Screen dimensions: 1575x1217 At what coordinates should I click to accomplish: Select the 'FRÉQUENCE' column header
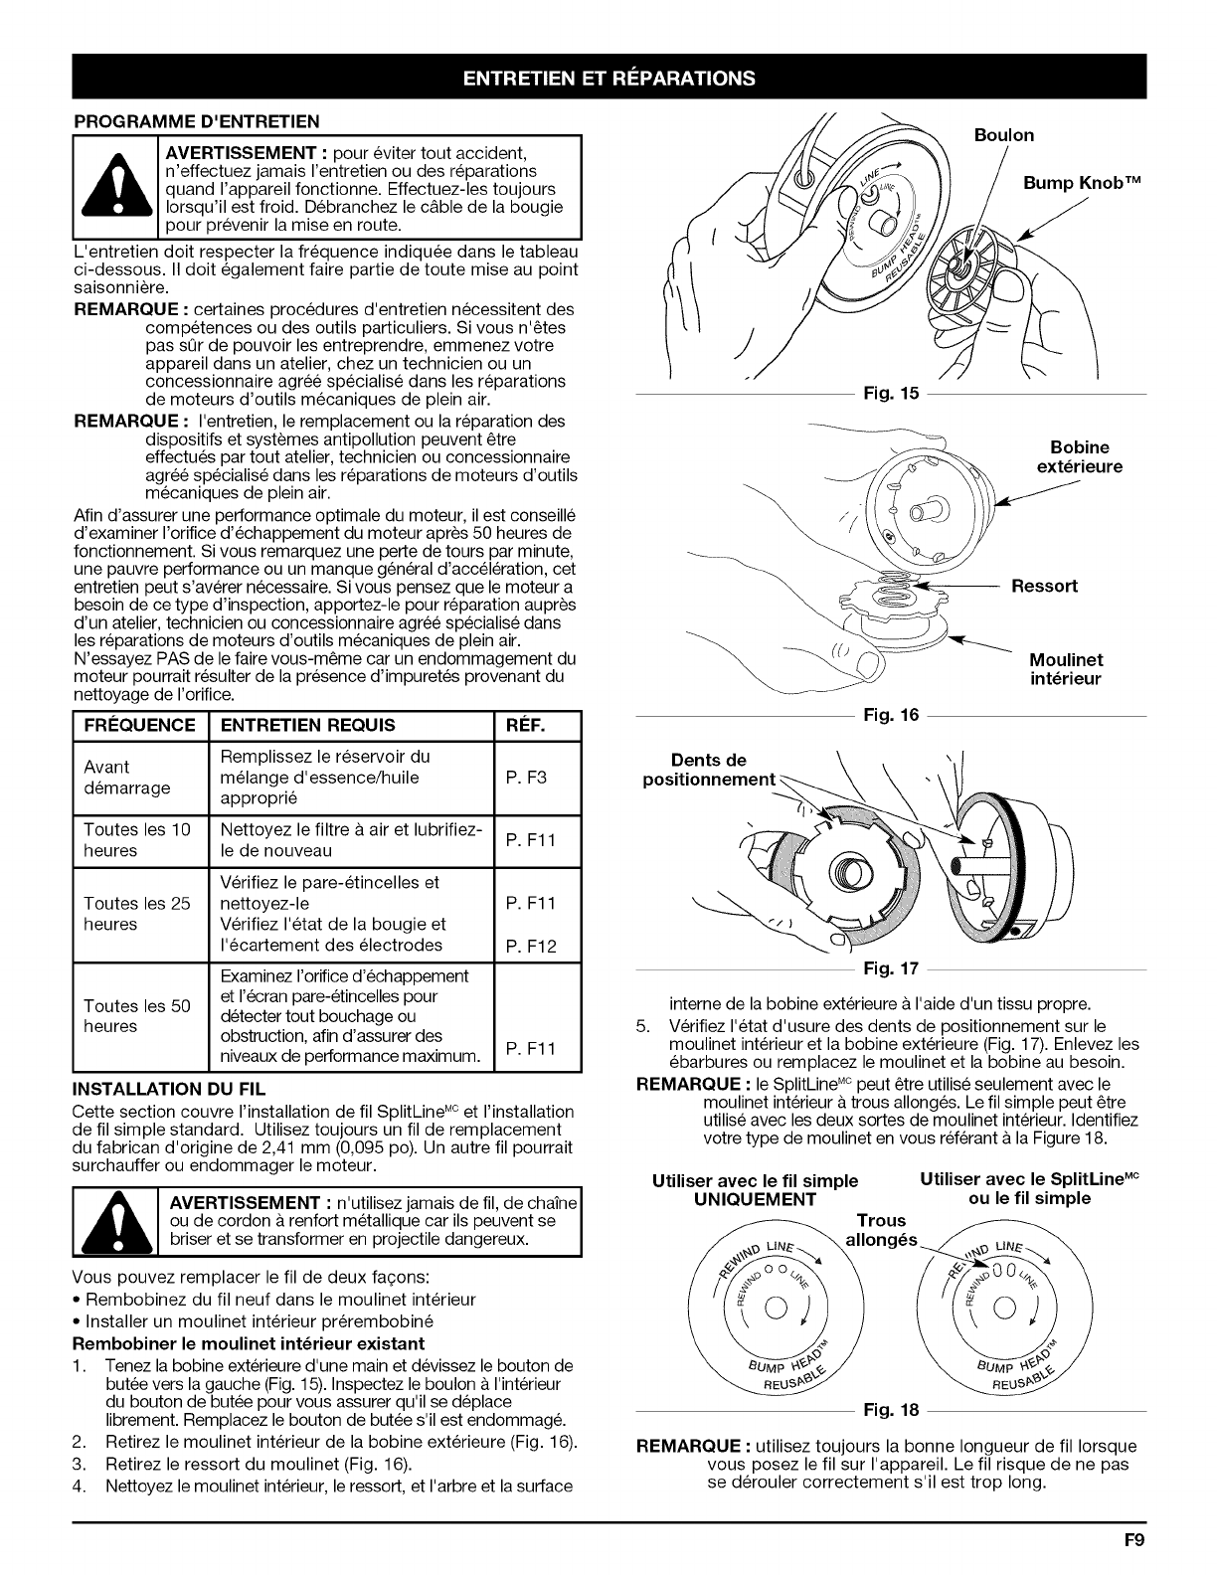(139, 725)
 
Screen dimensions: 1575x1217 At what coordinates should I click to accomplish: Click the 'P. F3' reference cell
(526, 778)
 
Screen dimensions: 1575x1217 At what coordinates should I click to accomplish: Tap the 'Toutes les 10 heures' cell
(137, 840)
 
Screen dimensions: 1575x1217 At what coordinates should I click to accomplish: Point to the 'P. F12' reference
(530, 945)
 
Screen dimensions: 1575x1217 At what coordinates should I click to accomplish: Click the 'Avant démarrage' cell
(127, 778)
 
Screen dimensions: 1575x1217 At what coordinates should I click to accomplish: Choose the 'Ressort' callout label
(1044, 586)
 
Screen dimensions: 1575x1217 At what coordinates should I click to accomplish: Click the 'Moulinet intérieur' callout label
(1066, 669)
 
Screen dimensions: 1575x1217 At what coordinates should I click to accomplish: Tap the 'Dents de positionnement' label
(709, 770)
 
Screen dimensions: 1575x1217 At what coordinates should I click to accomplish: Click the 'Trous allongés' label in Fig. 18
(881, 1230)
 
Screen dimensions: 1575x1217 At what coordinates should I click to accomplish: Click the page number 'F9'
(1133, 1543)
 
